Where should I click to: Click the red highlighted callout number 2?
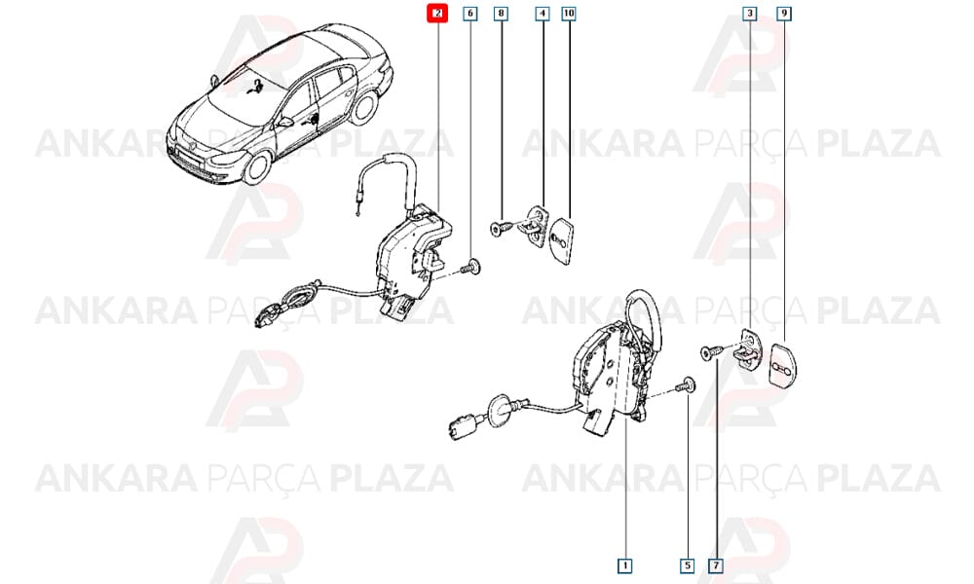[x=437, y=13]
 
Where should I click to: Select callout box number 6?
[x=470, y=13]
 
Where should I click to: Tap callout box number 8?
[x=502, y=13]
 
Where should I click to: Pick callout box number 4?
[x=543, y=13]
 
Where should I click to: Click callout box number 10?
[x=569, y=13]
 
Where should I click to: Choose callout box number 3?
[x=750, y=13]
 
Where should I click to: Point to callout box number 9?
[x=784, y=13]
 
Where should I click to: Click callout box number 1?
[x=625, y=566]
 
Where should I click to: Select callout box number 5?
[x=687, y=566]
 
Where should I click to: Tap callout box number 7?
[x=716, y=566]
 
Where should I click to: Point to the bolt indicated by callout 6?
[x=471, y=268]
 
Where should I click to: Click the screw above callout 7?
[x=712, y=352]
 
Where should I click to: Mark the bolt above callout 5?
[x=685, y=386]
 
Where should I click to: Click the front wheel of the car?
[x=258, y=165]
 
